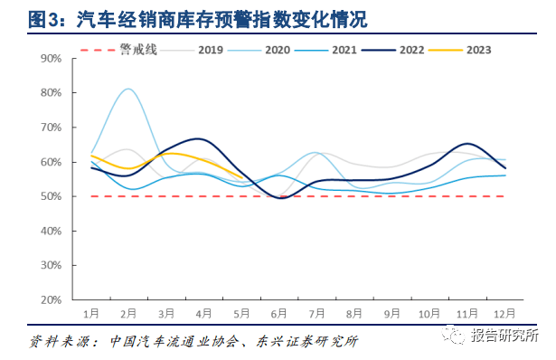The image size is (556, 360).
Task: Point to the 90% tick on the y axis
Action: (x=51, y=59)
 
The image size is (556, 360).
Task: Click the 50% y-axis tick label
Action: (x=51, y=196)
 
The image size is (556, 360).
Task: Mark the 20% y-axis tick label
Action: (x=51, y=299)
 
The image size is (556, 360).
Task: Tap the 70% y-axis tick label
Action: (x=51, y=128)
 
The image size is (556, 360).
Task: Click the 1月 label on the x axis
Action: (x=91, y=313)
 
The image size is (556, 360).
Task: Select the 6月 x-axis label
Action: (x=279, y=313)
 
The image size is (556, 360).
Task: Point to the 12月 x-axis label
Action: (x=505, y=313)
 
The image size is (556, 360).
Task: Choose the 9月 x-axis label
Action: (x=392, y=313)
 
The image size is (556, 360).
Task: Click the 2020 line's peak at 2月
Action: (x=128, y=89)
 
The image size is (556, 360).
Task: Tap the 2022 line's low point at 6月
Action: (x=280, y=197)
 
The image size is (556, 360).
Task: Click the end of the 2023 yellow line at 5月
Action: (x=241, y=176)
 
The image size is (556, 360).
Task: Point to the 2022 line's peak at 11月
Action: (x=467, y=144)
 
